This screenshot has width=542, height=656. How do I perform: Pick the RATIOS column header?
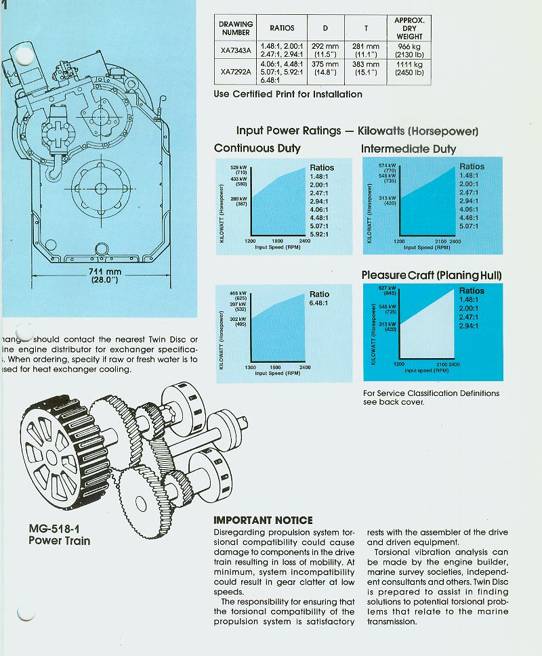282,28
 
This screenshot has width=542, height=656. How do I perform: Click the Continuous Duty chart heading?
257,148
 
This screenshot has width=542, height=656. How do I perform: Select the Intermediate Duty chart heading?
409,149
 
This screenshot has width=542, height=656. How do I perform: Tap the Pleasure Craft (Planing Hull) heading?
432,276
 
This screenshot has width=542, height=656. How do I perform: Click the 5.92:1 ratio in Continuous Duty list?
322,234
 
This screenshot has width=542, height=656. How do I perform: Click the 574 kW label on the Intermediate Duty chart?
385,165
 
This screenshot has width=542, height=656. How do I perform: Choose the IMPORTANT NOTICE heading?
263,520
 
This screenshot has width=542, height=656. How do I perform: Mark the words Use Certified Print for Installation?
288,94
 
